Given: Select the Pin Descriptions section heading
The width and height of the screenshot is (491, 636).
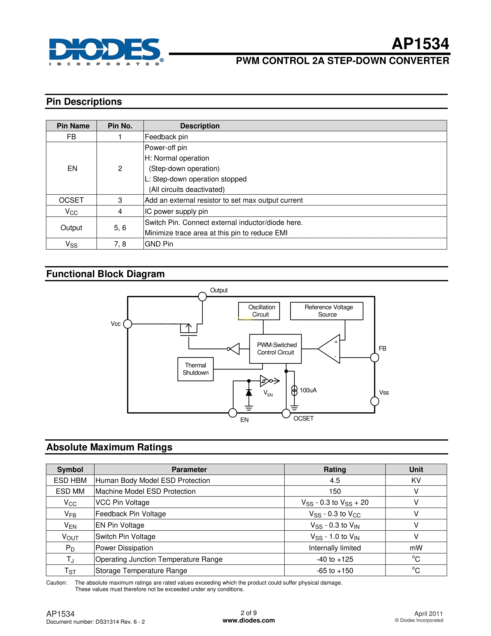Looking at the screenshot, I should pyautogui.click(x=84, y=102).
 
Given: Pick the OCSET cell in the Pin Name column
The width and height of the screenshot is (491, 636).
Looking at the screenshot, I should pyautogui.click(x=71, y=200).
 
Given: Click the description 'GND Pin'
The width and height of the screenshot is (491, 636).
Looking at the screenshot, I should pyautogui.click(x=159, y=244).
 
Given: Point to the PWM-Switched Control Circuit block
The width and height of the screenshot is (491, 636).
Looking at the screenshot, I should pyautogui.click(x=276, y=349).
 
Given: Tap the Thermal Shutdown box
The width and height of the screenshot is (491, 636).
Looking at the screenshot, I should pyautogui.click(x=195, y=369).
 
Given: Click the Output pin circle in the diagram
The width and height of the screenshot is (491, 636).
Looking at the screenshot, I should pyautogui.click(x=202, y=296).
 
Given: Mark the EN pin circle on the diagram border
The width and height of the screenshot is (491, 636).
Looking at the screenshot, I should pyautogui.click(x=233, y=413).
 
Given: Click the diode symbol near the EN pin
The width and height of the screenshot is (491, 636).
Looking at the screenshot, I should pyautogui.click(x=249, y=393).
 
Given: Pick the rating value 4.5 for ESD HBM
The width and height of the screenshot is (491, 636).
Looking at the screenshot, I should pyautogui.click(x=335, y=480).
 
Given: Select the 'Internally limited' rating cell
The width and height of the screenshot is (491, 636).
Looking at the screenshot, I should pyautogui.click(x=335, y=548).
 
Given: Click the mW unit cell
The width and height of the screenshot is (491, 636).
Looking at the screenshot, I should pyautogui.click(x=416, y=548).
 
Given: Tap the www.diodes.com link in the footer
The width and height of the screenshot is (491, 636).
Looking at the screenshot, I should pyautogui.click(x=249, y=620).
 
